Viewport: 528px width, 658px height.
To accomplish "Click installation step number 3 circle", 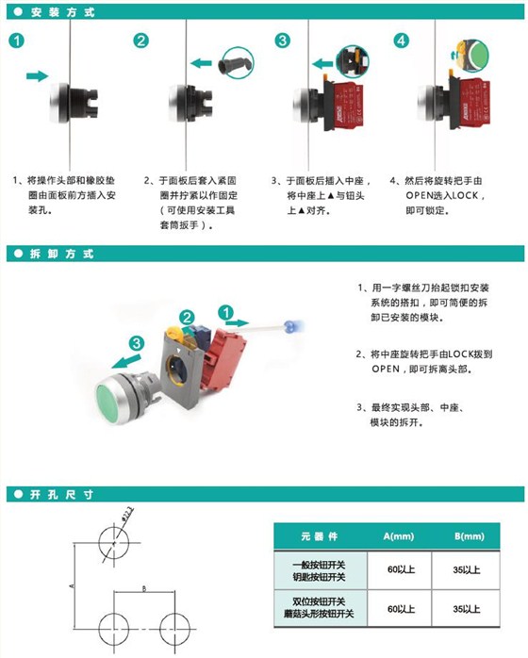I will pos(282,41).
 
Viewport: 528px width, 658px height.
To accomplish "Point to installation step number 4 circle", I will pos(403,41).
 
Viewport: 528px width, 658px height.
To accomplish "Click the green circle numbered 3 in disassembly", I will pos(137,342).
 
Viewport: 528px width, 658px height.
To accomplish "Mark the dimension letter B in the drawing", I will pos(142,587).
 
